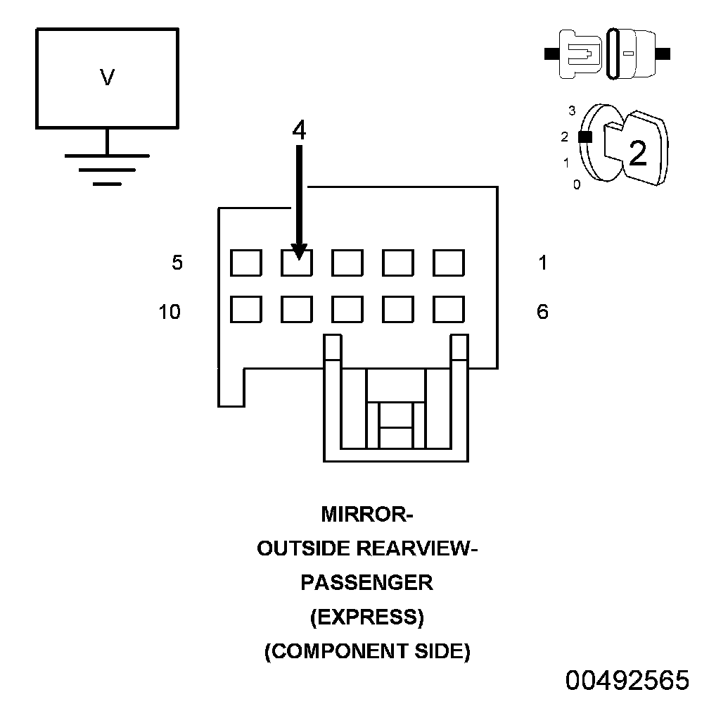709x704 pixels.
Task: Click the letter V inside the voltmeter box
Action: tap(107, 77)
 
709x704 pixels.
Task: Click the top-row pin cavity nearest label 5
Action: tap(246, 263)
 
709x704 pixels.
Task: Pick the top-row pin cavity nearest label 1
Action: tap(449, 263)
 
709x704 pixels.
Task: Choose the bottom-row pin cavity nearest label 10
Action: tap(246, 310)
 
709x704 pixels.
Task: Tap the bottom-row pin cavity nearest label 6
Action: tap(449, 310)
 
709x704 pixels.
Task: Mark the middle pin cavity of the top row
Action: tap(347, 263)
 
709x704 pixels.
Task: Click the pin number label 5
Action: tap(177, 263)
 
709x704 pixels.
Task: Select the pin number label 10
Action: tap(170, 311)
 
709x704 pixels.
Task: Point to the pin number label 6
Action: tap(542, 311)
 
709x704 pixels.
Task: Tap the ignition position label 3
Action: tap(572, 111)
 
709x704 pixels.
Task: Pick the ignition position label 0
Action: tap(577, 185)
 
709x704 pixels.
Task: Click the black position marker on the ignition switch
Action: tap(584, 138)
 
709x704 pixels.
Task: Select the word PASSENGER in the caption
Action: tap(366, 583)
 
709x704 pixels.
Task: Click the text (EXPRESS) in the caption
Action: tap(366, 617)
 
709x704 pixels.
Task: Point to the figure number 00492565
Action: tap(627, 681)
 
